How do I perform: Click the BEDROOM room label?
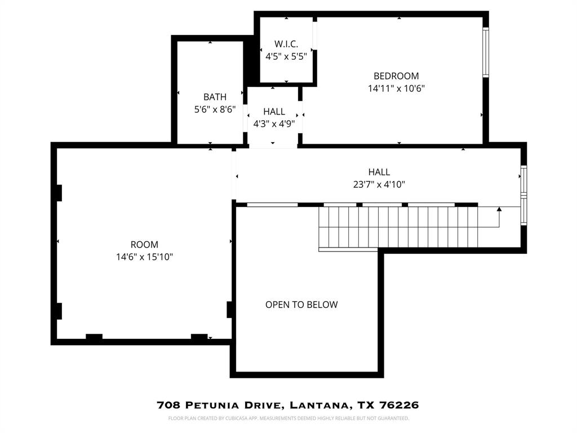pyautogui.click(x=396, y=76)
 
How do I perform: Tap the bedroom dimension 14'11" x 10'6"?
pyautogui.click(x=396, y=89)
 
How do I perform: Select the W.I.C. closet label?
pyautogui.click(x=286, y=44)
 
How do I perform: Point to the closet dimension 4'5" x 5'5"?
pyautogui.click(x=286, y=56)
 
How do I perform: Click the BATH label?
pyautogui.click(x=215, y=97)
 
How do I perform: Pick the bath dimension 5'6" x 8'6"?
pyautogui.click(x=215, y=109)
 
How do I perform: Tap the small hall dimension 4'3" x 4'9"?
pyautogui.click(x=274, y=124)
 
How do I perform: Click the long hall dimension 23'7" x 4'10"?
pyautogui.click(x=379, y=184)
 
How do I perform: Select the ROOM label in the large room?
pyautogui.click(x=144, y=245)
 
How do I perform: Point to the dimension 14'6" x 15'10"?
pyautogui.click(x=144, y=257)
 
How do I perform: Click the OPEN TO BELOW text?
pyautogui.click(x=301, y=305)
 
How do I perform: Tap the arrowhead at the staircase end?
pyautogui.click(x=499, y=210)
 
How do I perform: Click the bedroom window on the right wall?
pyautogui.click(x=486, y=52)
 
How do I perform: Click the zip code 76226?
pyautogui.click(x=398, y=405)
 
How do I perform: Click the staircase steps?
pyautogui.click(x=398, y=227)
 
